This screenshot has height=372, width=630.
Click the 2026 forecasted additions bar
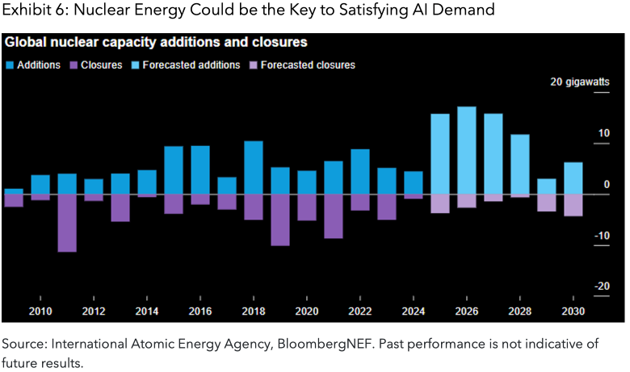(466, 150)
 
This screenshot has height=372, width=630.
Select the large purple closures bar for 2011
(67, 223)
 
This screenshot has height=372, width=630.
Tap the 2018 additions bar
(254, 168)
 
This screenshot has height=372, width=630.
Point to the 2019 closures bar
(280, 219)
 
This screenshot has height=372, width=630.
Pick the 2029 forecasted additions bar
(547, 186)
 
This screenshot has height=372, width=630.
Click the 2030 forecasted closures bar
(573, 205)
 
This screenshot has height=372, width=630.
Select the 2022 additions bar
(360, 172)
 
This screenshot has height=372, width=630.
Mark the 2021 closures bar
(334, 216)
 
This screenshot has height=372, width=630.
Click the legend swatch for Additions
(10, 65)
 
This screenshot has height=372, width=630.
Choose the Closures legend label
(103, 65)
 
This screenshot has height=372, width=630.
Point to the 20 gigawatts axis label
(579, 82)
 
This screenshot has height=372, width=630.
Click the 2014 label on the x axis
(147, 311)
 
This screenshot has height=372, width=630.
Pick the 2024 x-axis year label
(413, 311)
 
